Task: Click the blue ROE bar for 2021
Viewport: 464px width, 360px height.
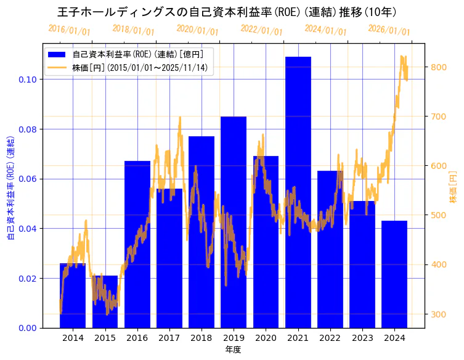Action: pyautogui.click(x=298, y=192)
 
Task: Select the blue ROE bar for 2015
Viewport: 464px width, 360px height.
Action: pyautogui.click(x=105, y=301)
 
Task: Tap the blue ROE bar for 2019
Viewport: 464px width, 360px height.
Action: pyautogui.click(x=234, y=222)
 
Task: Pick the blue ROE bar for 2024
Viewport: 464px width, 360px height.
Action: pyautogui.click(x=394, y=274)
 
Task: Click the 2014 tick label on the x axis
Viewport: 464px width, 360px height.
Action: pyautogui.click(x=73, y=338)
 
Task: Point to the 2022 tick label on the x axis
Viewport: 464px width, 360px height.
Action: pyautogui.click(x=330, y=338)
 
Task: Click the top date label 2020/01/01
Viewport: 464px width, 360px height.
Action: pyautogui.click(x=197, y=29)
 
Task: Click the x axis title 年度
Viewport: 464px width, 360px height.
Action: pyautogui.click(x=233, y=350)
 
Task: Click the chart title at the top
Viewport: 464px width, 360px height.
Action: pyautogui.click(x=227, y=12)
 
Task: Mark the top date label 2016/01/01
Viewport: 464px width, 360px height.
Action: pyautogui.click(x=69, y=30)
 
